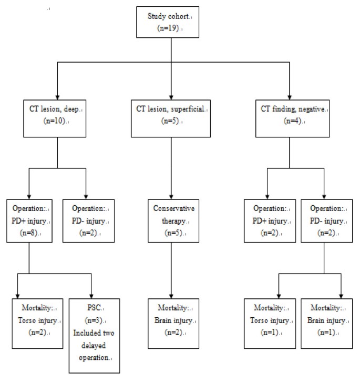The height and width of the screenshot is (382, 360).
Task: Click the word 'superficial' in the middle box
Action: pos(187,109)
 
